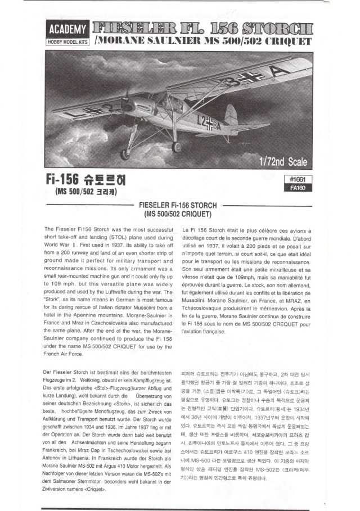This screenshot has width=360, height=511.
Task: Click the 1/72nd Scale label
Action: pos(283,162)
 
